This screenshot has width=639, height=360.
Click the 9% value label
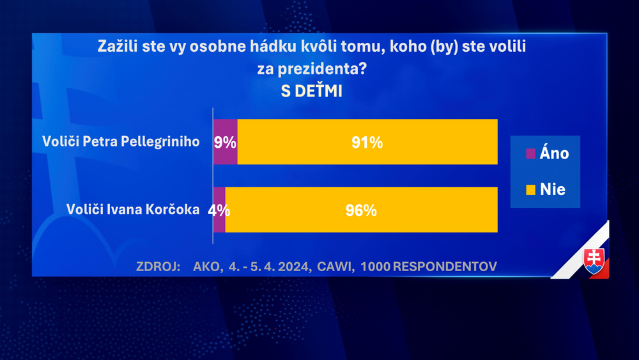(226, 143)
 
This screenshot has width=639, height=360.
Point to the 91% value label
(367, 143)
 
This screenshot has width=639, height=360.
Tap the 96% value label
(361, 210)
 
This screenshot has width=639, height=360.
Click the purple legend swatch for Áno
(529, 154)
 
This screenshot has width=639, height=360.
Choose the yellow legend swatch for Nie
(529, 189)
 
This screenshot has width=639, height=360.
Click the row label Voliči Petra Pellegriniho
(121, 141)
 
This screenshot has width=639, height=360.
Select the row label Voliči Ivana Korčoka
(133, 209)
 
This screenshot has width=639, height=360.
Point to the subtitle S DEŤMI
(312, 91)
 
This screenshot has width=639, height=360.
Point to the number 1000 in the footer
(375, 266)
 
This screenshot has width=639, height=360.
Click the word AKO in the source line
(206, 266)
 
